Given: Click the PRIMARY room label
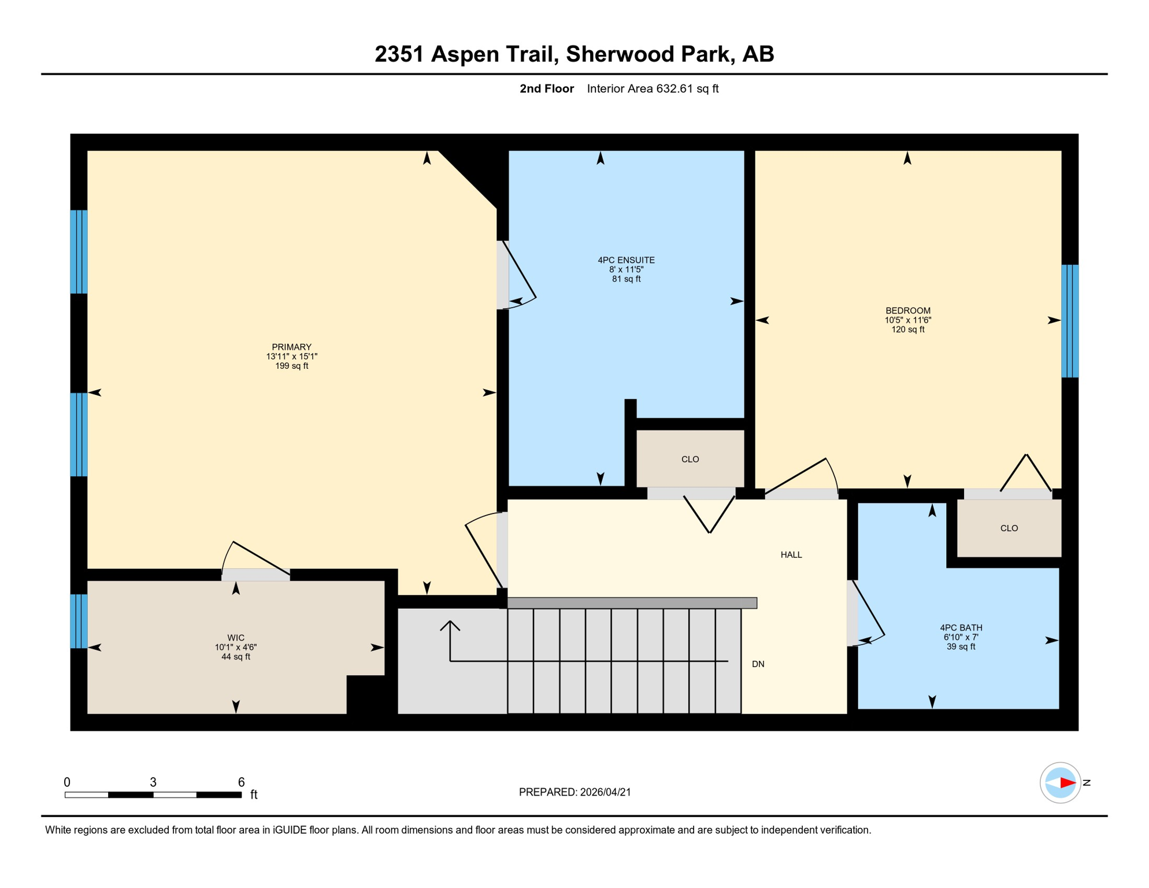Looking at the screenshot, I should pyautogui.click(x=291, y=347).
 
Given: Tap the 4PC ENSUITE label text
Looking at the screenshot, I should pyautogui.click(x=626, y=260).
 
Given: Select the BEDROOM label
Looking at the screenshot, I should pyautogui.click(x=907, y=310).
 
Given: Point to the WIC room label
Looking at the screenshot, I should pyautogui.click(x=236, y=638).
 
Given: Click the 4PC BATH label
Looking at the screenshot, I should pyautogui.click(x=961, y=627).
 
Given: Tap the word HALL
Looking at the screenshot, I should pyautogui.click(x=791, y=554).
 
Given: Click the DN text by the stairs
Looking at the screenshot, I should pyautogui.click(x=758, y=664).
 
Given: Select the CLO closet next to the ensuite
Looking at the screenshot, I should pyautogui.click(x=690, y=459).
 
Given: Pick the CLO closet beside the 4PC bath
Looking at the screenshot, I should pyautogui.click(x=1009, y=528).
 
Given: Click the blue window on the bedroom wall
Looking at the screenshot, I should pyautogui.click(x=1069, y=321).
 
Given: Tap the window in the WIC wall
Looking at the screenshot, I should pyautogui.click(x=79, y=621).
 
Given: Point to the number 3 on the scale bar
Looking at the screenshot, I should pyautogui.click(x=153, y=782).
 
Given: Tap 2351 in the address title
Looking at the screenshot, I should pyautogui.click(x=399, y=54).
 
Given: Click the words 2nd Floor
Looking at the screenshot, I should pyautogui.click(x=546, y=88).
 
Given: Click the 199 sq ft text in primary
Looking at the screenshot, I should pyautogui.click(x=291, y=366).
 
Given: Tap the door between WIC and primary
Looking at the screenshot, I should pyautogui.click(x=255, y=574).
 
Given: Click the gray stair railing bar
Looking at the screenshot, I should pyautogui.click(x=632, y=603).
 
